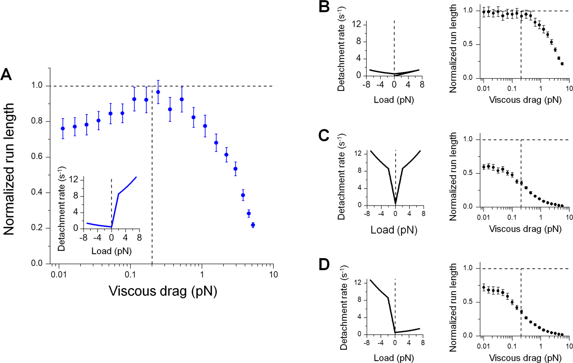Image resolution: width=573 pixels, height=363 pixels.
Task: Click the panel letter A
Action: [x=6, y=74]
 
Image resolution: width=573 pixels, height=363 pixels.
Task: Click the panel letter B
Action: [x=324, y=7]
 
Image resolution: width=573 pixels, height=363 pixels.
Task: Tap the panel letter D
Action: [x=324, y=264]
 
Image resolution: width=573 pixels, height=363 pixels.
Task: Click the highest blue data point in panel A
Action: [x=158, y=92]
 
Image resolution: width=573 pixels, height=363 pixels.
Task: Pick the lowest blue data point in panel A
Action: [x=253, y=225]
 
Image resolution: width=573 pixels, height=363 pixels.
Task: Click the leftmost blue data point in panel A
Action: [x=63, y=129]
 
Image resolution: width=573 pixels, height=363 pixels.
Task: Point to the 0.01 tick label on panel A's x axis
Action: [x=59, y=274]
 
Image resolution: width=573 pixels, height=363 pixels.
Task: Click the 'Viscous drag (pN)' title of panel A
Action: [x=163, y=291]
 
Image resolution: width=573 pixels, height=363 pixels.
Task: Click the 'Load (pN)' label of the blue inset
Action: [x=111, y=251]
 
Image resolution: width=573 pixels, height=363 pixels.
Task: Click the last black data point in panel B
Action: [x=562, y=64]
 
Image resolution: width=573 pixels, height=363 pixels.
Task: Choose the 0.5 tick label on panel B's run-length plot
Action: [x=471, y=45]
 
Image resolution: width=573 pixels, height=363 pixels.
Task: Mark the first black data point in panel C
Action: [x=484, y=167]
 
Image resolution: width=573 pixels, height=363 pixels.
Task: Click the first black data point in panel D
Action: [x=484, y=287]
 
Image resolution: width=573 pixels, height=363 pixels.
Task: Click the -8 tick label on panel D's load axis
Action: [x=366, y=343]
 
